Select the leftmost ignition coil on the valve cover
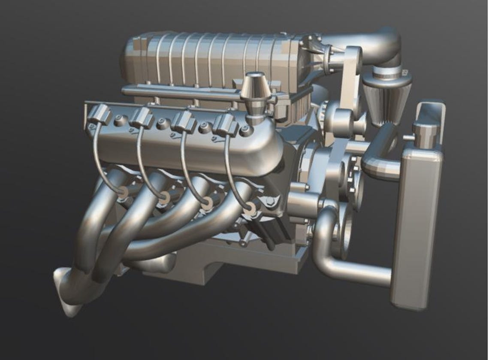tap(99, 115)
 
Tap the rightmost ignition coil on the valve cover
tap(226, 125)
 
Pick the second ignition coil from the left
tap(142, 118)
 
